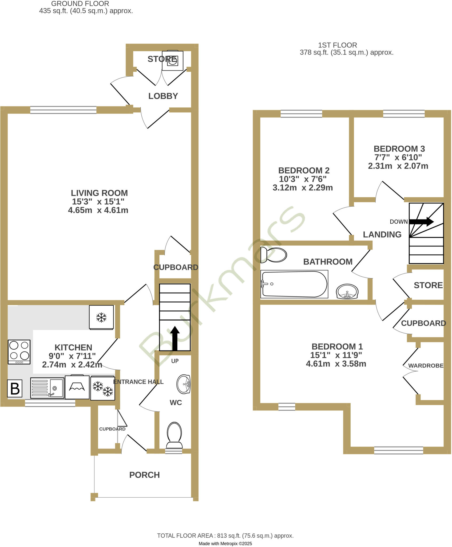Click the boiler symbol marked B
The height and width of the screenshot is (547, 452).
[x=15, y=388]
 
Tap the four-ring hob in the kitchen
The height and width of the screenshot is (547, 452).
[x=19, y=351]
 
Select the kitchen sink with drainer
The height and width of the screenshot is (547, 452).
[x=47, y=388]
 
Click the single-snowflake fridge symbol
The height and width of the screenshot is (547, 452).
[x=101, y=317]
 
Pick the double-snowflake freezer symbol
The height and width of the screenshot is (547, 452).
[x=103, y=388]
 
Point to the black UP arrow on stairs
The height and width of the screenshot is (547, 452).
[x=175, y=338]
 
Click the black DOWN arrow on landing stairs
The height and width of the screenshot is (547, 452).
[x=421, y=221]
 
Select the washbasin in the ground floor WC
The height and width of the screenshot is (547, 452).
[x=184, y=384]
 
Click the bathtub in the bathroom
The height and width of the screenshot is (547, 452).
[x=294, y=284]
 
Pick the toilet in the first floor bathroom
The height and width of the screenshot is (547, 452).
[x=274, y=255]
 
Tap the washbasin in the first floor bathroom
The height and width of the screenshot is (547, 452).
[x=347, y=291]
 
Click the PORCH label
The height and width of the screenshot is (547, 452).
[x=144, y=475]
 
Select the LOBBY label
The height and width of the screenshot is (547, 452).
[x=163, y=96]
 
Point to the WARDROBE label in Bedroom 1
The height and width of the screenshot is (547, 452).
[x=426, y=366]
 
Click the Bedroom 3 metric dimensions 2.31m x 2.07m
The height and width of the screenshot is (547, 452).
[x=398, y=166]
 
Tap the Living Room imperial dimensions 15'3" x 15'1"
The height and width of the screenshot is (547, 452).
[x=98, y=202]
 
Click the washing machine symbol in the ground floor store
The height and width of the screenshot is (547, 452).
[x=173, y=61]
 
